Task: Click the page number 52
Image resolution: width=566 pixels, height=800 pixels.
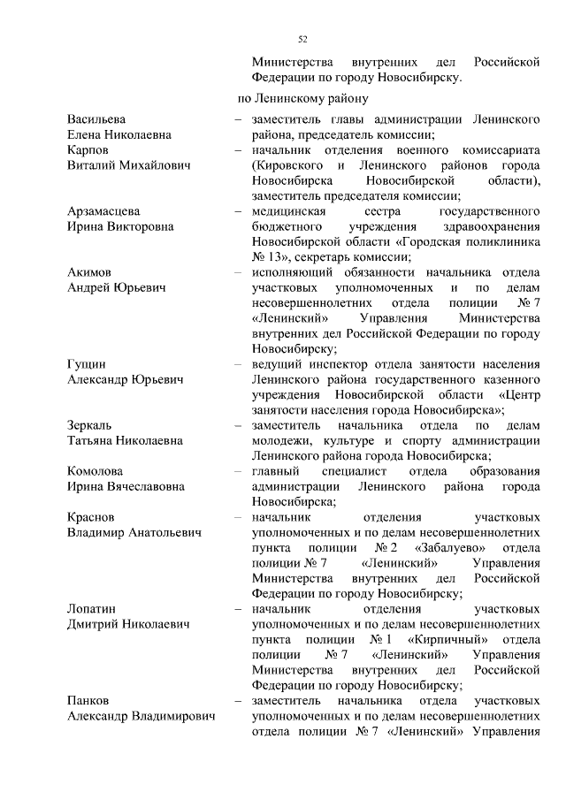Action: (302, 39)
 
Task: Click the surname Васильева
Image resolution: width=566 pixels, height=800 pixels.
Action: (97, 118)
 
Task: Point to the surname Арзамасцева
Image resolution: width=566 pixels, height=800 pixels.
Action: (104, 210)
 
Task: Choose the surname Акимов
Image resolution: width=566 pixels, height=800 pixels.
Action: (89, 272)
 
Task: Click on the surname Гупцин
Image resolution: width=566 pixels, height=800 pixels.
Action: (87, 364)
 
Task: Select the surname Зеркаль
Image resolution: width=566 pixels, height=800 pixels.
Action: (91, 425)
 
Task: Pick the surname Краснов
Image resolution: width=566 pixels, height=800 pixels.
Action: (92, 516)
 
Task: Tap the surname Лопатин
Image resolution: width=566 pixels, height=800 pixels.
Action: (93, 609)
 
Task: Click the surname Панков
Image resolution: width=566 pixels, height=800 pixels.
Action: (88, 700)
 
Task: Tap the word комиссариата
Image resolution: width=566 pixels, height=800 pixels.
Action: (498, 150)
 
